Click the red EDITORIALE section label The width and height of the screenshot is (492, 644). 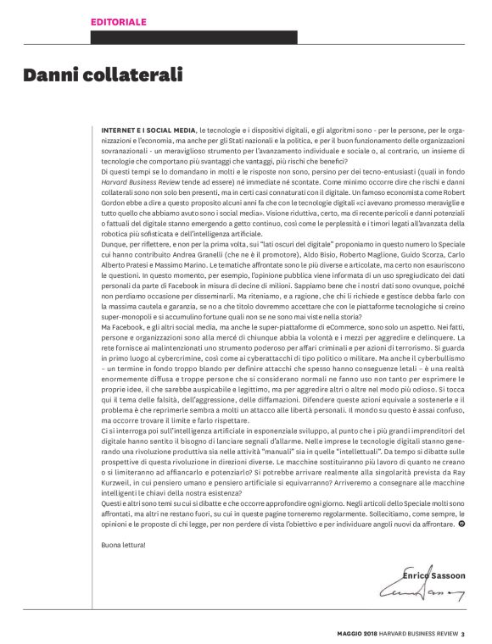pyautogui.click(x=119, y=20)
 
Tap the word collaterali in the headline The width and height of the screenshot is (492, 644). pyautogui.click(x=134, y=75)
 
